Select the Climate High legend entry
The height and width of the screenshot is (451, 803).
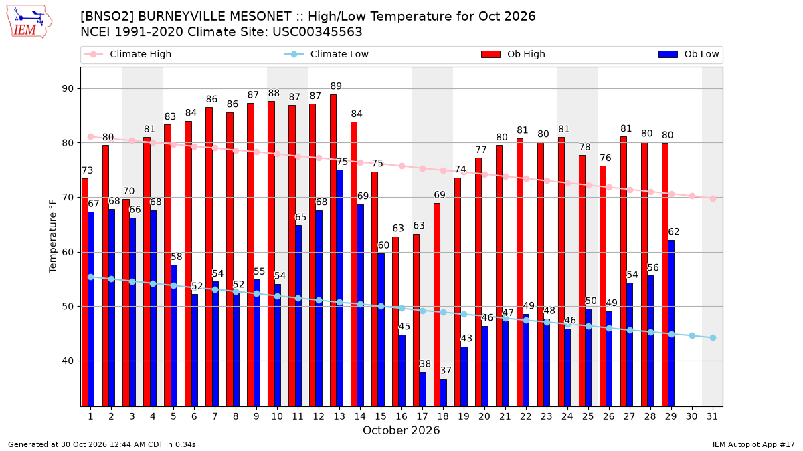pos(127,54)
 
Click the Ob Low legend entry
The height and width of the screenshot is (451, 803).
pos(689,54)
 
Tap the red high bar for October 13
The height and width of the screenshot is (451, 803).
pos(333,250)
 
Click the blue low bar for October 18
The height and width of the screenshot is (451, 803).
pos(444,393)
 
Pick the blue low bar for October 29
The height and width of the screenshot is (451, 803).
pos(671,323)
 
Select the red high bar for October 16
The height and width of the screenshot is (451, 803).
pos(395,321)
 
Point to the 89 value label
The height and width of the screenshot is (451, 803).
pos(336,86)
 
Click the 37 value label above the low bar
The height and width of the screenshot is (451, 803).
pos(446,370)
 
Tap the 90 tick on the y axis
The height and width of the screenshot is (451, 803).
pos(68,88)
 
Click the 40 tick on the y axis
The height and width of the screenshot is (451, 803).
pos(68,361)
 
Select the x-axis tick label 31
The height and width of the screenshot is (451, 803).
pos(712,416)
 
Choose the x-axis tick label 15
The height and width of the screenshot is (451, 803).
pos(381,416)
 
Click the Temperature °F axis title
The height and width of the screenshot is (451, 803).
pos(53,237)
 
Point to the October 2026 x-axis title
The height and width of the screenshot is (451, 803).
pos(401,430)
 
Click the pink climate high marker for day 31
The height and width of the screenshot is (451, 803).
pos(713,198)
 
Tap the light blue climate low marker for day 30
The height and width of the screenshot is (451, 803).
pos(692,335)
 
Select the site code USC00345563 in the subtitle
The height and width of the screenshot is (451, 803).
pos(317,32)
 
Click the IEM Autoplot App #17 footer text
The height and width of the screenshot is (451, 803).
pos(753,444)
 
